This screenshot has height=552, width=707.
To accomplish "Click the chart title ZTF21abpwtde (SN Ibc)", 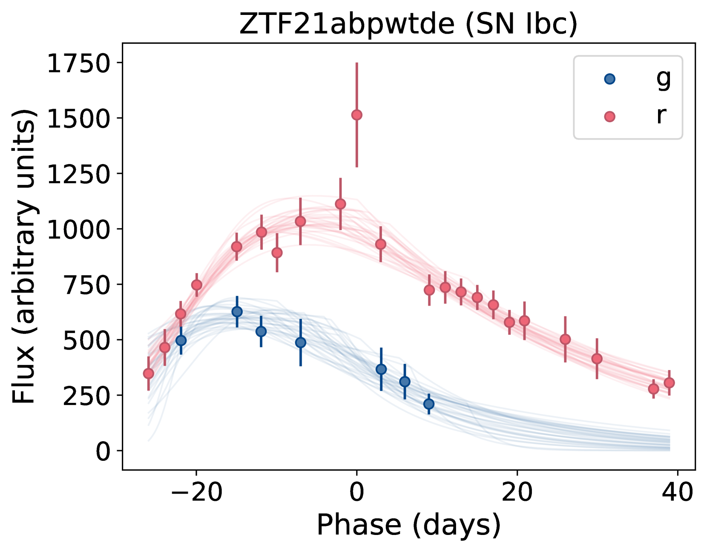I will [x=408, y=24].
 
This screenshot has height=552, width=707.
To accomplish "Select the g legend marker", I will [x=610, y=79].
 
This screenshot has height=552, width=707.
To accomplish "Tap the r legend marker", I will [x=610, y=116].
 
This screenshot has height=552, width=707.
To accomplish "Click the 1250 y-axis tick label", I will [x=78, y=174].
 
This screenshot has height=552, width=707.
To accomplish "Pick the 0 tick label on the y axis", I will [x=103, y=451].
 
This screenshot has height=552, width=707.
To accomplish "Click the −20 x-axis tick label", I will [x=196, y=492].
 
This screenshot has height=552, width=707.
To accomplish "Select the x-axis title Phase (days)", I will [x=408, y=525].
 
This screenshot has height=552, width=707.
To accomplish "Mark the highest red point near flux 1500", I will [x=357, y=115].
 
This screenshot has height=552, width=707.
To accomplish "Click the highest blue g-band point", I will [x=237, y=312].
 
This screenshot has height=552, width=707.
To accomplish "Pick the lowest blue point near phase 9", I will [x=429, y=404].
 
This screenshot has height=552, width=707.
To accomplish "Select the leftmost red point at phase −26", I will [x=148, y=374].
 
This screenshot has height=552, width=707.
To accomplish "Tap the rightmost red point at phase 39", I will [x=669, y=383].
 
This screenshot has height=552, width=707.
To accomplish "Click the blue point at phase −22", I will [x=181, y=340].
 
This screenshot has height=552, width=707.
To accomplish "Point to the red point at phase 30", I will [x=597, y=359].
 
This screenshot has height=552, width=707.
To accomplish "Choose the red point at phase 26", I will [x=565, y=339].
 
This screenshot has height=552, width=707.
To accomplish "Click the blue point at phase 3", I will [x=381, y=369].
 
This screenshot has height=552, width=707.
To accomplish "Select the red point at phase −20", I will [x=197, y=285].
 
